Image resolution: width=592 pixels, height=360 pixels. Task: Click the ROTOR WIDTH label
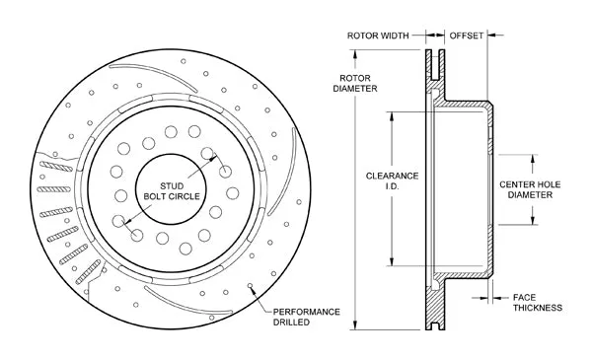click(x=378, y=36)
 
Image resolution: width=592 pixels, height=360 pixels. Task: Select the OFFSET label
click(x=467, y=36)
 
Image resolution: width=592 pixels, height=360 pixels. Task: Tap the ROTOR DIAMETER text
click(x=355, y=84)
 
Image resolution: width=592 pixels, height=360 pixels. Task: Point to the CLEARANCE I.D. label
click(x=393, y=180)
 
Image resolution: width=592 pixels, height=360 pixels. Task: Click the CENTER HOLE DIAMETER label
click(x=530, y=189)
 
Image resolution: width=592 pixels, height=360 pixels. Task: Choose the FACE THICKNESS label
click(x=538, y=303)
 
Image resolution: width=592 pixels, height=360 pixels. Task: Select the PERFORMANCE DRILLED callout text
click(x=306, y=317)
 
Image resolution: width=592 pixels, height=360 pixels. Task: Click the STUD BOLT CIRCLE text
click(x=172, y=191)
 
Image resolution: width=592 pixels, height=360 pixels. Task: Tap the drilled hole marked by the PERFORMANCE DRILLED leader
click(x=250, y=286)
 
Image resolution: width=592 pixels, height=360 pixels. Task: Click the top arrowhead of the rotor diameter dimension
click(x=355, y=54)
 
